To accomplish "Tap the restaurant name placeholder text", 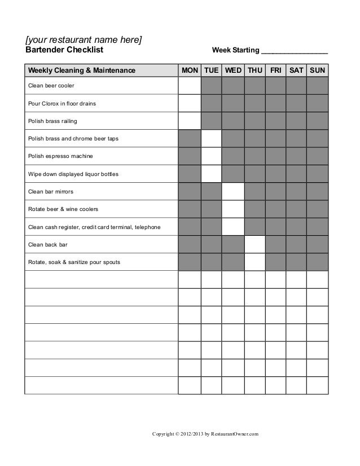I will point(84,39).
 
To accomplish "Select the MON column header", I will point(190,70).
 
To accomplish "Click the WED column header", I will point(233,70).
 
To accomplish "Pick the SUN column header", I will point(318,70).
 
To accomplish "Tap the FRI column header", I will point(276,70).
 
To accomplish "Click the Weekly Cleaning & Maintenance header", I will point(82,70).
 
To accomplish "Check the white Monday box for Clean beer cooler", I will point(190,86).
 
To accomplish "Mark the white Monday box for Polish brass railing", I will point(190,121).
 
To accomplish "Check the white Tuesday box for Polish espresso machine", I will point(212,156).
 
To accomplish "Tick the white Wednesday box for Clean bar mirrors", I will point(233,191).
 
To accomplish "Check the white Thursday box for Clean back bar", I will point(254,244).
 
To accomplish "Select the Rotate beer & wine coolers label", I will point(63,209).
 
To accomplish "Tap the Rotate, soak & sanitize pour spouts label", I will point(74,262).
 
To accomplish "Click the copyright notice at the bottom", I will point(205,434).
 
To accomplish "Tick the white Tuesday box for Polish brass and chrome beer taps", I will point(212,138).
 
